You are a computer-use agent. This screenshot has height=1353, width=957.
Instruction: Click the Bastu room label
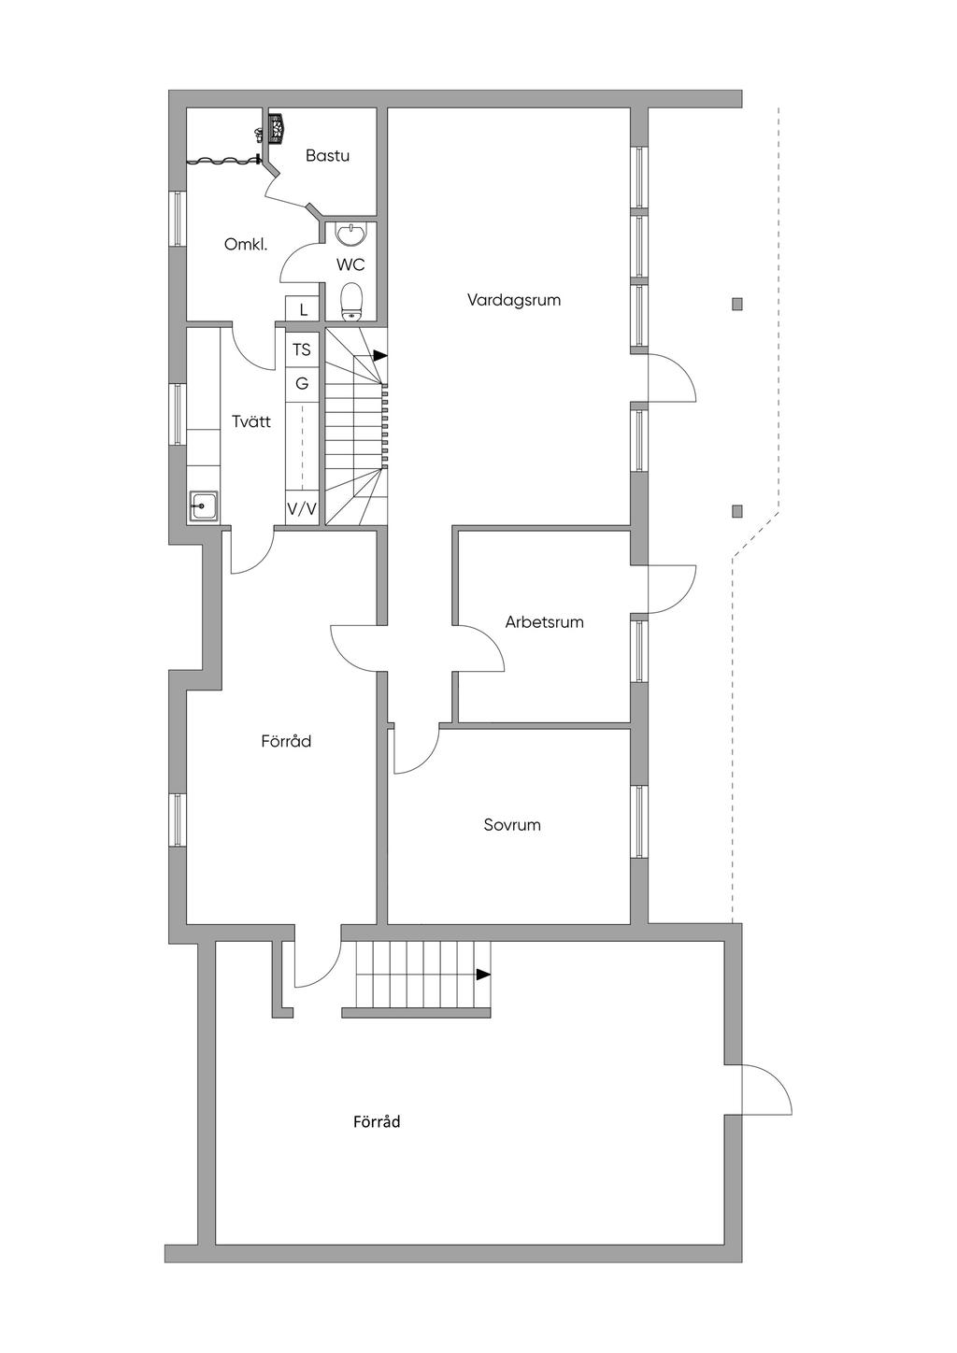327,155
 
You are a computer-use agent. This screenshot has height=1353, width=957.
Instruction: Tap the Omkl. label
245,245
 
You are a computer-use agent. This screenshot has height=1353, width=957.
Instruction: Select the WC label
350,264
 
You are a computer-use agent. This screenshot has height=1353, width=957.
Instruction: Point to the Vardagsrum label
513,300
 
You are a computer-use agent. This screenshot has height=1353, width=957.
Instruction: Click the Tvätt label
251,421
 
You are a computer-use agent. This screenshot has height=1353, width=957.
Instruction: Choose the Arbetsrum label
544,622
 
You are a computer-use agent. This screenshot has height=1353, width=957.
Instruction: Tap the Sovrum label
512,824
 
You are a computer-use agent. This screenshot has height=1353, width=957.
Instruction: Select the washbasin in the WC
351,235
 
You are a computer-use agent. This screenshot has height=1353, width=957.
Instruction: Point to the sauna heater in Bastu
277,128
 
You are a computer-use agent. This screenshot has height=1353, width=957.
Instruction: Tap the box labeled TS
302,349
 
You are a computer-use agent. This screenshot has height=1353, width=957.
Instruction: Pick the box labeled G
302,383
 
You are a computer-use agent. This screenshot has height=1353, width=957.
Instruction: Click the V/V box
302,509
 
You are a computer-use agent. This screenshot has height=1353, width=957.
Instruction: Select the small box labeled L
304,310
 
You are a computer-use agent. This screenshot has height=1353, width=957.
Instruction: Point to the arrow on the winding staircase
380,356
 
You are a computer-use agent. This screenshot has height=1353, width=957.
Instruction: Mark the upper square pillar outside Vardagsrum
736,305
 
